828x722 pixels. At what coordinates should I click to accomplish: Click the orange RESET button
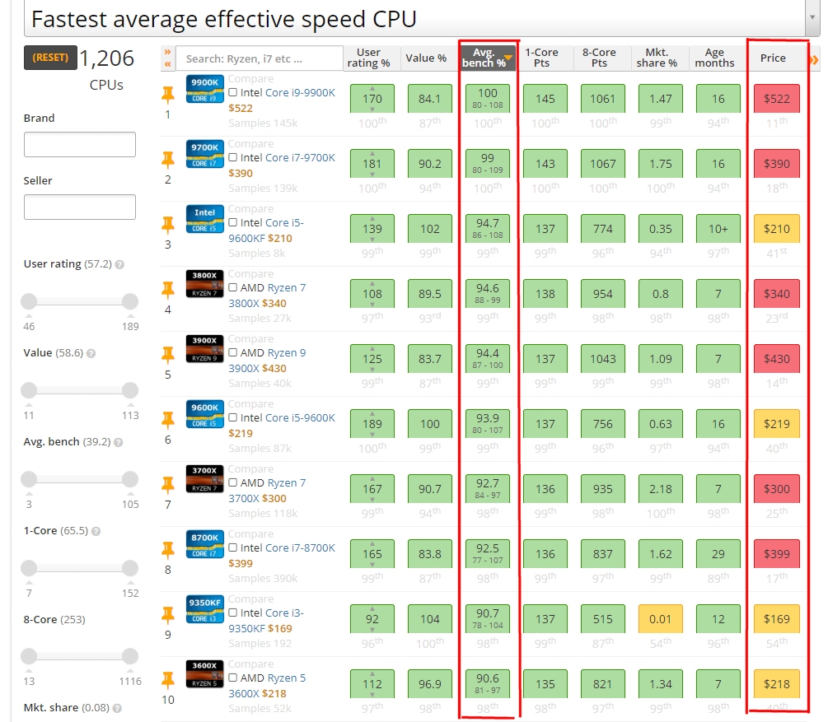tap(51, 58)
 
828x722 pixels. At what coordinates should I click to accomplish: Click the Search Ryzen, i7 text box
tap(260, 58)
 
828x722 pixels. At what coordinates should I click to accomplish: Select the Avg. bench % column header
tap(488, 58)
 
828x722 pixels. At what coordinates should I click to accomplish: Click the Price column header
tap(773, 58)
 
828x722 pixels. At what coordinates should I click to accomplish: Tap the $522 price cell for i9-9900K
tap(776, 99)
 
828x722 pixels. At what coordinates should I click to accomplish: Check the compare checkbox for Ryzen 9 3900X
tap(233, 353)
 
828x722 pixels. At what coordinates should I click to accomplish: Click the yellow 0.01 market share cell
tap(661, 619)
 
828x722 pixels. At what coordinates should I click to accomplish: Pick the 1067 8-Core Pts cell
tap(602, 164)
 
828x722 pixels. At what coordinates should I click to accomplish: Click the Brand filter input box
tap(80, 145)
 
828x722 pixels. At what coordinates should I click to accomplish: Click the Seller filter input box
tap(80, 207)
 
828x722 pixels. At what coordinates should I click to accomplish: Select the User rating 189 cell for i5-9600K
tap(372, 424)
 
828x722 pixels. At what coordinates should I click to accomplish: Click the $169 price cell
tap(776, 619)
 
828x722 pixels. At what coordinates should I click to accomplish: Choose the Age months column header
tap(714, 58)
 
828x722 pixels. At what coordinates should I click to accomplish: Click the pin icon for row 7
tap(168, 484)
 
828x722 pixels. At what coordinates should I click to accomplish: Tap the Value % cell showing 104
tap(430, 619)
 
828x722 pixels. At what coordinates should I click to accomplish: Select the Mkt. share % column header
tap(657, 58)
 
